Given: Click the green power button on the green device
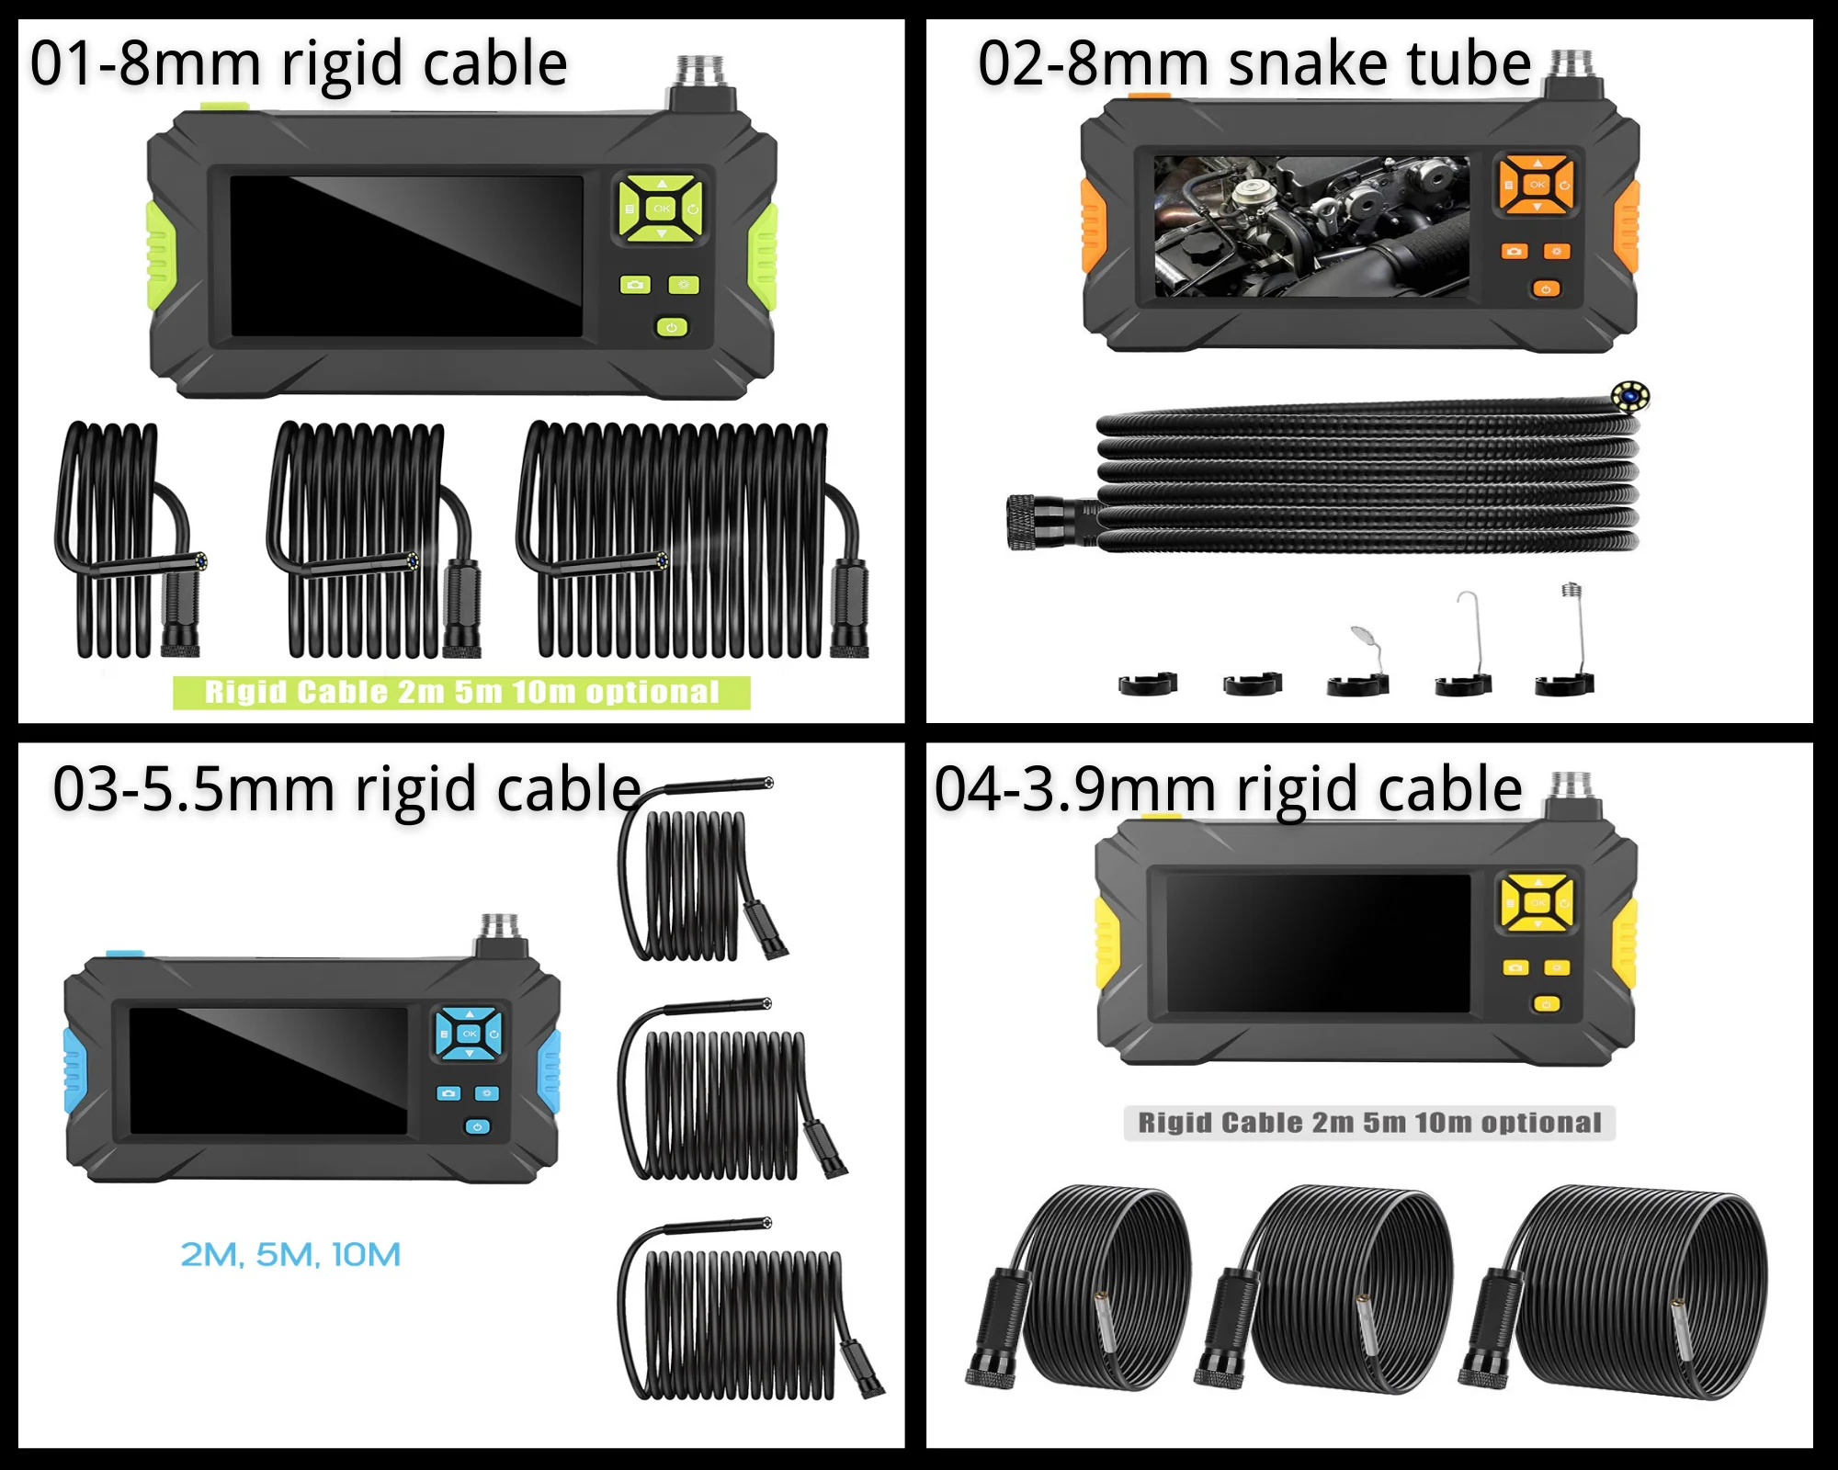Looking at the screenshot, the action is point(672,327).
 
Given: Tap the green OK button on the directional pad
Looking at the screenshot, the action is point(662,209).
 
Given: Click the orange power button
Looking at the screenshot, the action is point(1546,289).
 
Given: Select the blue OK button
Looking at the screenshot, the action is point(470,1034).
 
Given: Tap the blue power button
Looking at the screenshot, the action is point(477,1126).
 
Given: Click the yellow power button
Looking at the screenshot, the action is point(1547,1004).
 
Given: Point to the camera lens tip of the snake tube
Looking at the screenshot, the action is point(1630,397).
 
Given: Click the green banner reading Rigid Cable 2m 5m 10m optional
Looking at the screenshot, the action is point(461,693).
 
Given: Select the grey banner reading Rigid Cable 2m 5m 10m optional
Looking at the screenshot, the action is point(1369,1123).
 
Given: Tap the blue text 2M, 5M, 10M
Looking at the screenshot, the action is point(290,1254).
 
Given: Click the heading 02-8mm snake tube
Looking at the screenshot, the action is point(1254,64).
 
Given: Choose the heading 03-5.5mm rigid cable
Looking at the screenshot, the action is point(346,789).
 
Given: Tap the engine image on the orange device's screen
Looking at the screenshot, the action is point(1311,226).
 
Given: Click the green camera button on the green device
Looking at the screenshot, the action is point(635,285).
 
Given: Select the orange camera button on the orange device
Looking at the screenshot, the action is point(1515,251).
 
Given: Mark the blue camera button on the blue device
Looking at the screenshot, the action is point(448,1093).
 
